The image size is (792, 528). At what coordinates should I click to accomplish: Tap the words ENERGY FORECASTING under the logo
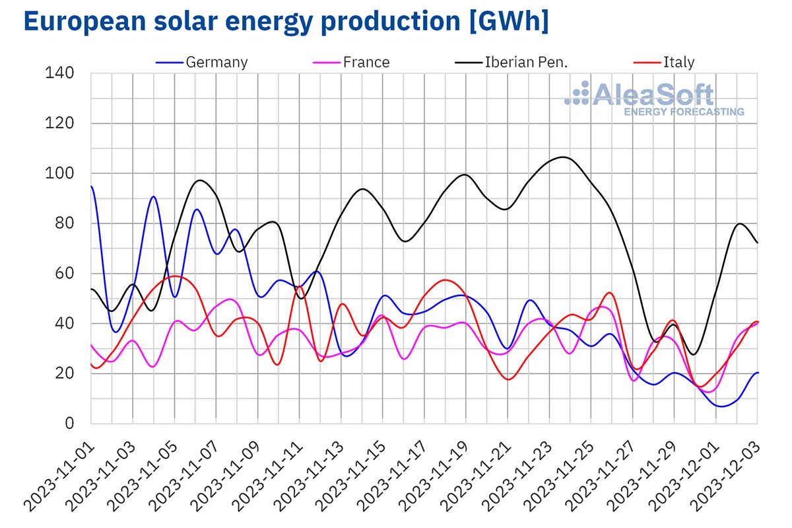[x=684, y=112]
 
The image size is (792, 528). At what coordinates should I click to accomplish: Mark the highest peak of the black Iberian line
[x=562, y=157]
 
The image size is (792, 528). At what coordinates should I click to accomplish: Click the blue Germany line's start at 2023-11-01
[x=91, y=187]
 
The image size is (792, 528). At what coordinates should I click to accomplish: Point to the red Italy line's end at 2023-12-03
[x=757, y=322]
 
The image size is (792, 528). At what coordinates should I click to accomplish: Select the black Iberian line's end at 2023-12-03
[x=757, y=243]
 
